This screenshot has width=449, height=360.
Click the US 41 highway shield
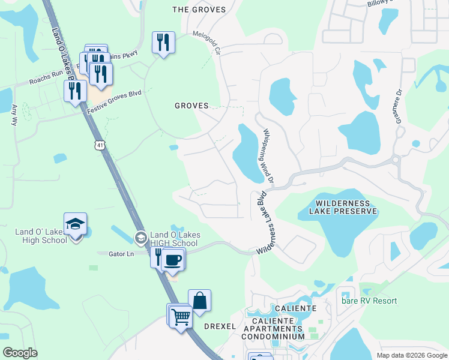(98, 145)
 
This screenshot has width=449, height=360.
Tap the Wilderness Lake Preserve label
(343, 207)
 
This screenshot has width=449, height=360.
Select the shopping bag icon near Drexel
(199, 300)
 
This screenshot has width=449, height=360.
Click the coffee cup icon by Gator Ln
(173, 259)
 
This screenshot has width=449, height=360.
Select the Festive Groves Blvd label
(113, 103)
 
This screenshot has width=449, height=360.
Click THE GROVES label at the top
(199, 10)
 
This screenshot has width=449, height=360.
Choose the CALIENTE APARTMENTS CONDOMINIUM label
(281, 328)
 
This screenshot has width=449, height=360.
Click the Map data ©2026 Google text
(411, 355)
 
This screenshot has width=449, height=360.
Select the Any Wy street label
(14, 115)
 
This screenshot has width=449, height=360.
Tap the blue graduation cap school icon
(76, 224)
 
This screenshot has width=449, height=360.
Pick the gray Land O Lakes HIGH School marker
(140, 238)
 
